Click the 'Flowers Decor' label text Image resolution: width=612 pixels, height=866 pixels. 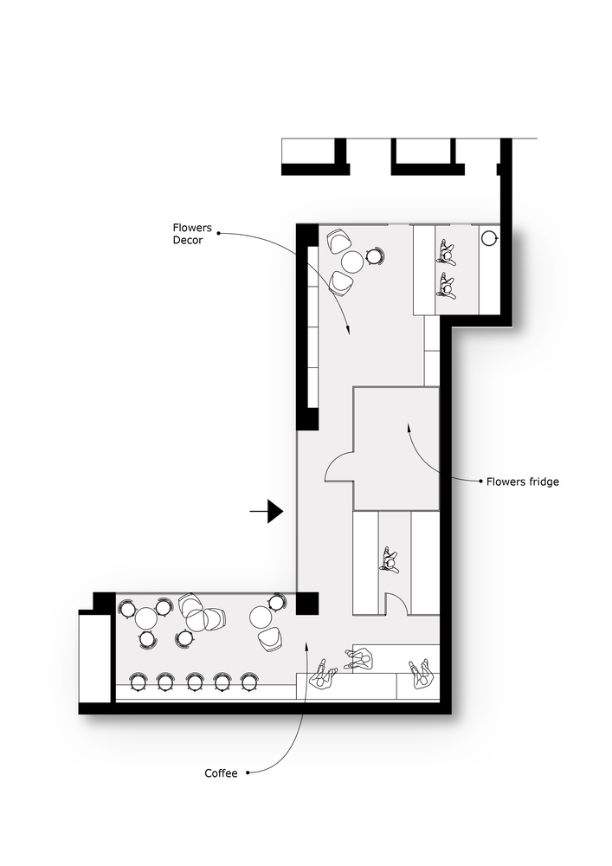tap(187, 234)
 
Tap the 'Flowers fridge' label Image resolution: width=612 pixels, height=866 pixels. tap(522, 481)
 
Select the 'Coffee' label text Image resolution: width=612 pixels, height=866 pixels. tap(220, 772)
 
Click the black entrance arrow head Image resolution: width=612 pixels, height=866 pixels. tap(274, 512)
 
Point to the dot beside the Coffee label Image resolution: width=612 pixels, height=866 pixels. tap(248, 772)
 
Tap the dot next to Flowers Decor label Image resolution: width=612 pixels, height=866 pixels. tap(218, 233)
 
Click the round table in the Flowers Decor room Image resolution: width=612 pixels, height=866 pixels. tap(352, 261)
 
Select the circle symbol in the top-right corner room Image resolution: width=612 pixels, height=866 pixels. tap(489, 236)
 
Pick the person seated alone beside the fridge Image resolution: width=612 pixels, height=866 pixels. tap(390, 561)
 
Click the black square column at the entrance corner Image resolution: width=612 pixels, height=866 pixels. tap(307, 603)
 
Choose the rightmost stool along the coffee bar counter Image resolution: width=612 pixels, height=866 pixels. tap(249, 682)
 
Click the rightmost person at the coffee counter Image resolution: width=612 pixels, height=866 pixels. tap(422, 674)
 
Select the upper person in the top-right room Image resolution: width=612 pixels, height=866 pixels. tap(447, 254)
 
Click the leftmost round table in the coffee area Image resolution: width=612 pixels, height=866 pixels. tap(146, 617)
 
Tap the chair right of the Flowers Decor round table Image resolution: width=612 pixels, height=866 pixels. tap(375, 256)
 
